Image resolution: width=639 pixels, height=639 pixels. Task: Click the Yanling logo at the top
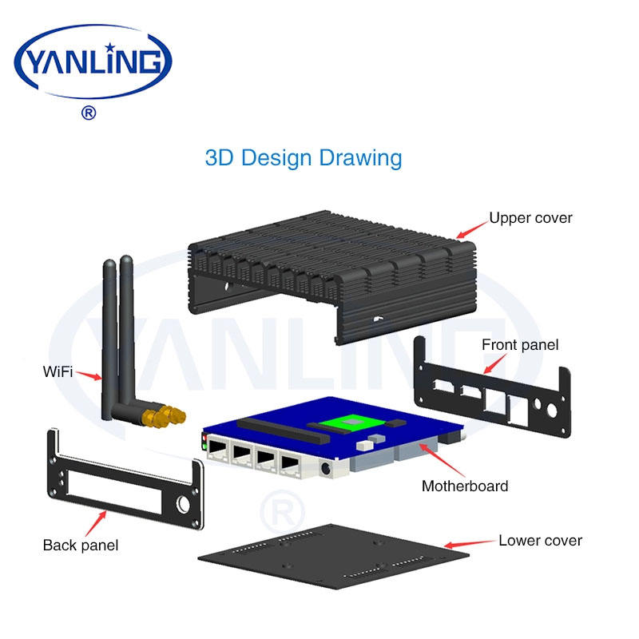tap(93, 62)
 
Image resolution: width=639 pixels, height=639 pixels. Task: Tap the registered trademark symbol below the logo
tap(89, 113)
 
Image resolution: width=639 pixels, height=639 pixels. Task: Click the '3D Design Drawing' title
tap(304, 158)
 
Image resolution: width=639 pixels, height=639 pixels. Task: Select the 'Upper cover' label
tap(530, 218)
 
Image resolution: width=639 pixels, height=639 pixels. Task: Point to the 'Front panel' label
tap(520, 345)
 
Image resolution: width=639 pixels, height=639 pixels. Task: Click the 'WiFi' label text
tap(58, 371)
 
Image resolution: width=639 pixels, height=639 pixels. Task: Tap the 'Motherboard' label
tap(465, 486)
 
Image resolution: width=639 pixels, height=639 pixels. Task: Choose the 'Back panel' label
tap(81, 546)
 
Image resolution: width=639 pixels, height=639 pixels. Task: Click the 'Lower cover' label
tap(540, 541)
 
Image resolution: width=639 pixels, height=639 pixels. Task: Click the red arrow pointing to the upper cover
tap(472, 230)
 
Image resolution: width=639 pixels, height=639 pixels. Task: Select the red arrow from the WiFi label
tap(89, 375)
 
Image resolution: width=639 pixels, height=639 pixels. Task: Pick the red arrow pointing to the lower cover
tap(469, 544)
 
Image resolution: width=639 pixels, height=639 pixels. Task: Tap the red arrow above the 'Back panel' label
tap(96, 523)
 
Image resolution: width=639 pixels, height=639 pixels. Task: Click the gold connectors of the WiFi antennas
tap(164, 415)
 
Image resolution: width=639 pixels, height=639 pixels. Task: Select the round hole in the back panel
tap(183, 505)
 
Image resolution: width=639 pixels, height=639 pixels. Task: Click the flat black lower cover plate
tap(333, 556)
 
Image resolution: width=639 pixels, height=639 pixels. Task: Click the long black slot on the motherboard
tap(284, 431)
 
